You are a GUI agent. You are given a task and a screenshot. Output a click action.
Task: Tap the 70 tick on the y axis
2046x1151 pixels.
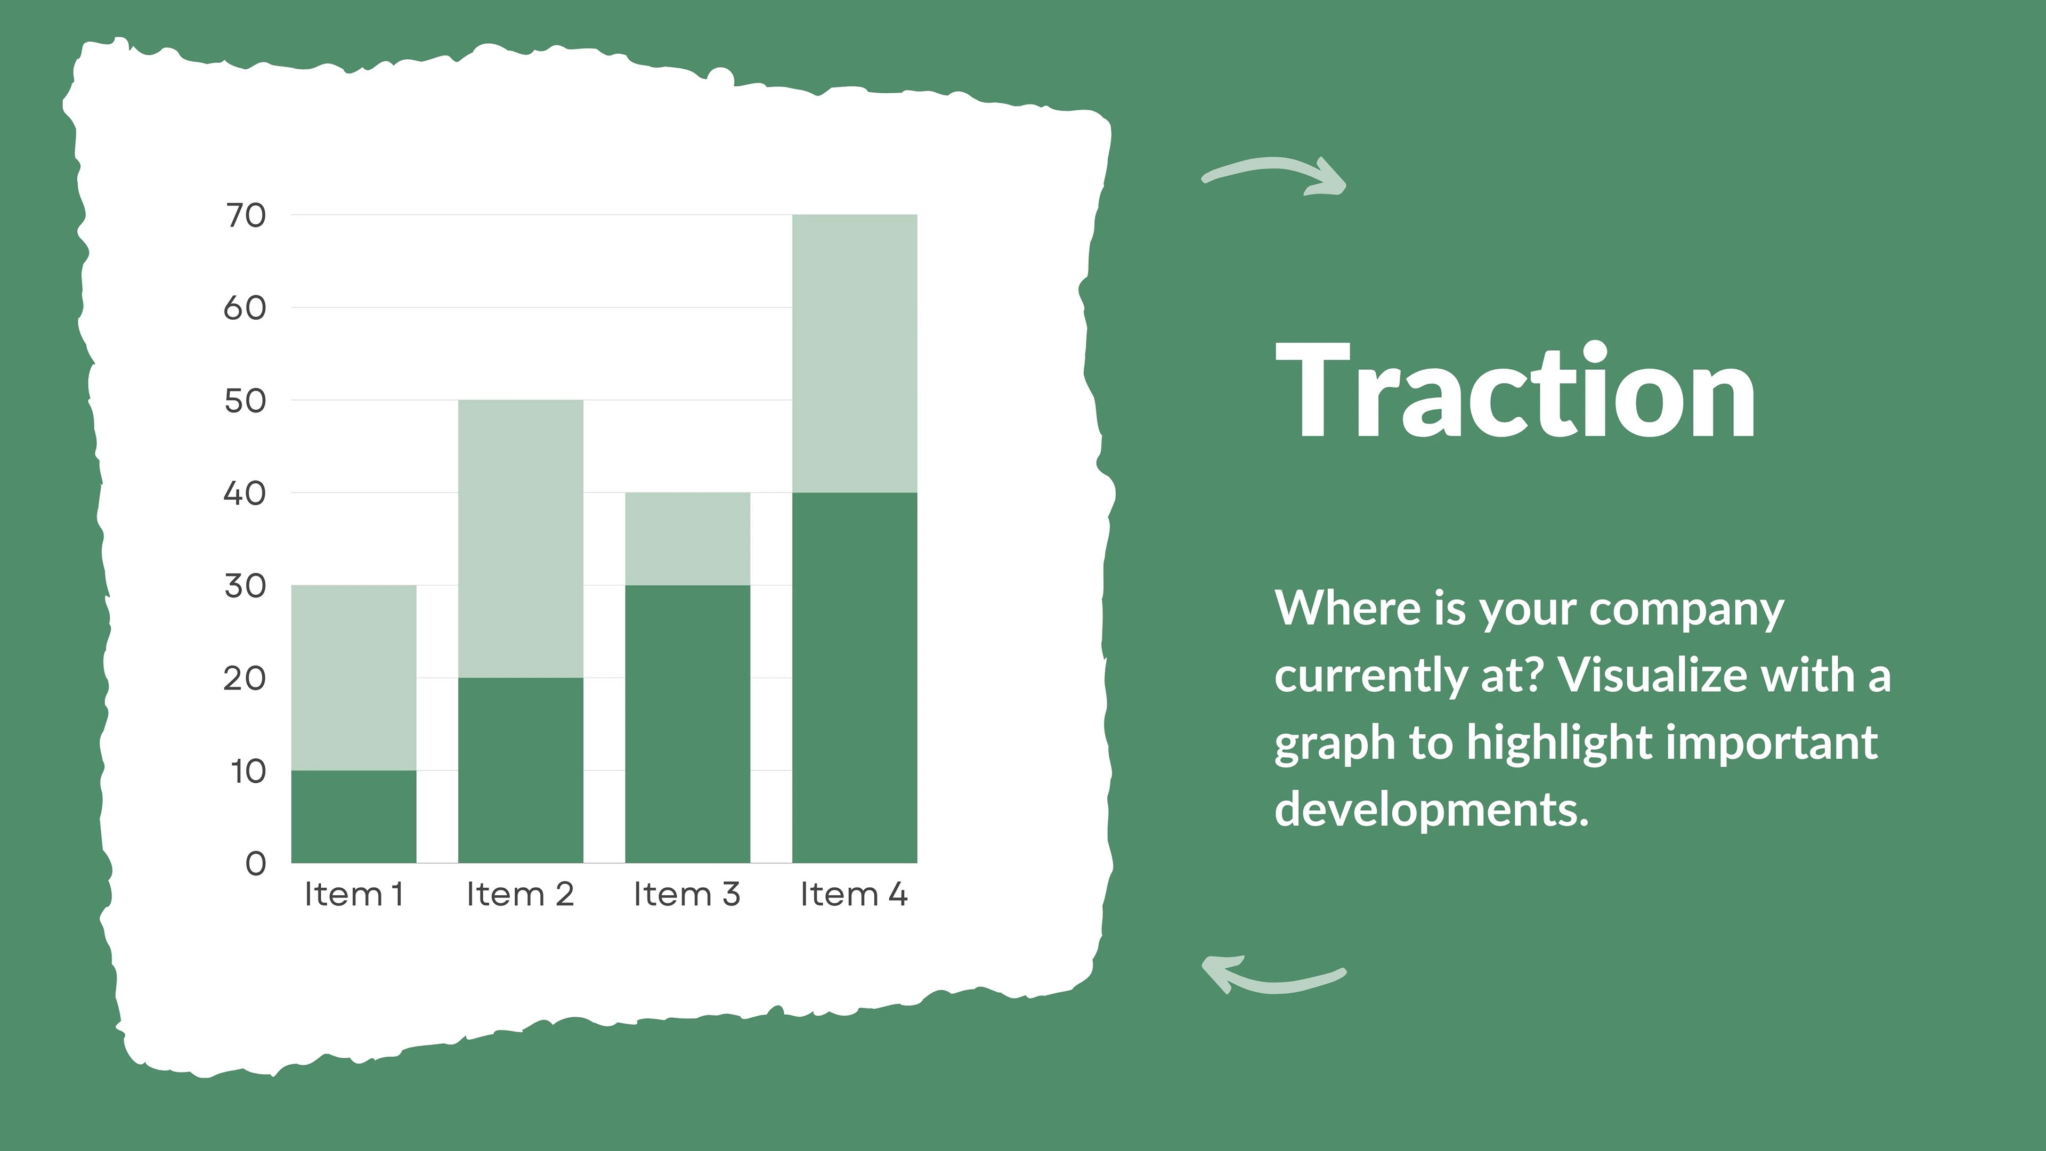[246, 215]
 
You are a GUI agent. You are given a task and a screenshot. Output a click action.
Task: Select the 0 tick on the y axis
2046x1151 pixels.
[256, 863]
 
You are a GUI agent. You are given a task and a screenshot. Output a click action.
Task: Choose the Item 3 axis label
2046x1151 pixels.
[687, 895]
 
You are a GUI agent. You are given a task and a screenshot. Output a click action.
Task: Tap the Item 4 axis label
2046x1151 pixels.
[854, 895]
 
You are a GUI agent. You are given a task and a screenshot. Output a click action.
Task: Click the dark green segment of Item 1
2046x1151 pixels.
[353, 816]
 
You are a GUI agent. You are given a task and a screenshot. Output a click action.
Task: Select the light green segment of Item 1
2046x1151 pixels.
[353, 678]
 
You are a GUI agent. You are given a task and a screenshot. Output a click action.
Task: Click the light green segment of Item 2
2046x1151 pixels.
[520, 539]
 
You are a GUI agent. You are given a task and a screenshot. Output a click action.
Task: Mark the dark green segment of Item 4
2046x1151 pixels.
[855, 678]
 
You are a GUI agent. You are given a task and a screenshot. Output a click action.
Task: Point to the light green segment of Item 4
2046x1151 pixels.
[855, 353]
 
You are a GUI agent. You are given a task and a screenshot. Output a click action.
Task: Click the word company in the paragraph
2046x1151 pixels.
[1687, 610]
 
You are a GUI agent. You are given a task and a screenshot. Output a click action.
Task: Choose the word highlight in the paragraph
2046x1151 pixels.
[1560, 743]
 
